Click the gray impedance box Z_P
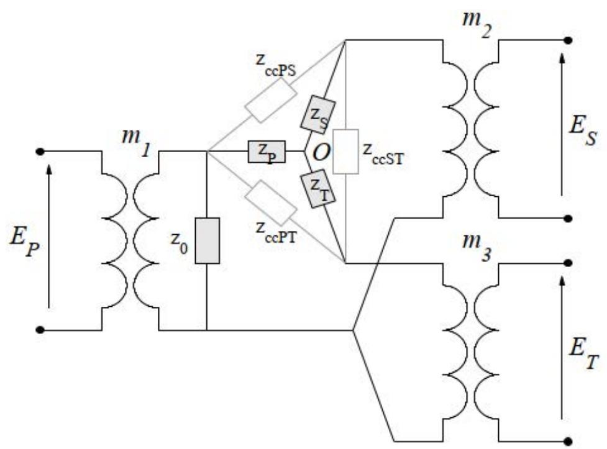coord(267,151)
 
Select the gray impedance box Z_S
coord(318,116)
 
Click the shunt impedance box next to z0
coord(207,240)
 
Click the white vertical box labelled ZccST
coord(345,152)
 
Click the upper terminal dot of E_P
coord(40,151)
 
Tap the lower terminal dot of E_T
coord(567,443)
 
